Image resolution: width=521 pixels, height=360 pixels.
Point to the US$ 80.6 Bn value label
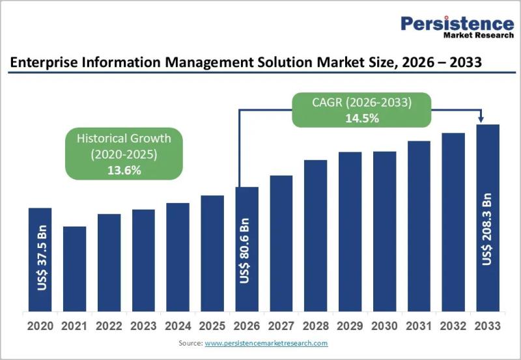(246, 250)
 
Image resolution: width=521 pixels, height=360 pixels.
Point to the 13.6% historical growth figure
(124, 170)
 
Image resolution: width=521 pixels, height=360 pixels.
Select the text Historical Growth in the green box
(124, 138)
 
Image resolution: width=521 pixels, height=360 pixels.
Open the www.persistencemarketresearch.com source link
(266, 342)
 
